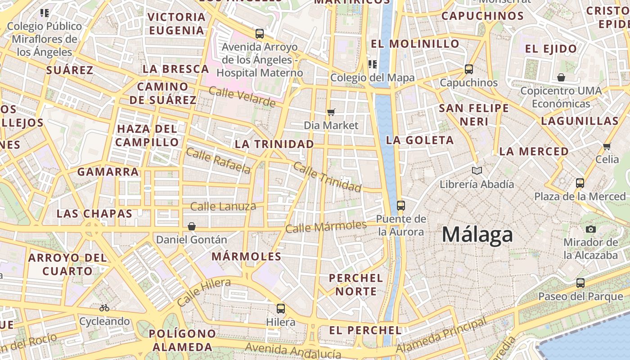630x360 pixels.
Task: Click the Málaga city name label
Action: (x=477, y=235)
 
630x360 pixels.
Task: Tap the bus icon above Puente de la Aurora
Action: (x=400, y=206)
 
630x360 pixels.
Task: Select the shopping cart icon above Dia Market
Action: (x=331, y=112)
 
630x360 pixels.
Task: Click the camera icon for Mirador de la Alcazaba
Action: (x=591, y=229)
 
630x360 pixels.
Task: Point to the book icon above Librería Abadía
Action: (x=477, y=171)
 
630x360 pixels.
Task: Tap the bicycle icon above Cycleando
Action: (x=104, y=308)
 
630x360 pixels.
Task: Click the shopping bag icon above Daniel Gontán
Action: (x=192, y=226)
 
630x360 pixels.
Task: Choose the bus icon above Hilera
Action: (x=281, y=309)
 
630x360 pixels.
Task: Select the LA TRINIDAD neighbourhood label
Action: (x=274, y=144)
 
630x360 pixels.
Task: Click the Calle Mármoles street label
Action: (x=326, y=226)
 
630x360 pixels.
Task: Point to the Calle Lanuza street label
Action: (x=223, y=207)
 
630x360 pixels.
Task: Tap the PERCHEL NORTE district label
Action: (x=355, y=284)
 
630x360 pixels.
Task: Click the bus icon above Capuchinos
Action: (x=469, y=69)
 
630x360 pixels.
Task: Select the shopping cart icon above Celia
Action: (x=607, y=146)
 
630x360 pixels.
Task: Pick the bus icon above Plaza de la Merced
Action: (x=580, y=183)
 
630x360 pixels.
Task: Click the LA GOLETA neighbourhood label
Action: (x=419, y=140)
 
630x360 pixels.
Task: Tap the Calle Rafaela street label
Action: (x=218, y=161)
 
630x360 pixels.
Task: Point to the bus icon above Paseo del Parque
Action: (x=580, y=283)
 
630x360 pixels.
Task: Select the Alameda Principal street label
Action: (x=441, y=336)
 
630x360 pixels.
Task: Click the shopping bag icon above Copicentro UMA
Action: (x=561, y=77)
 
